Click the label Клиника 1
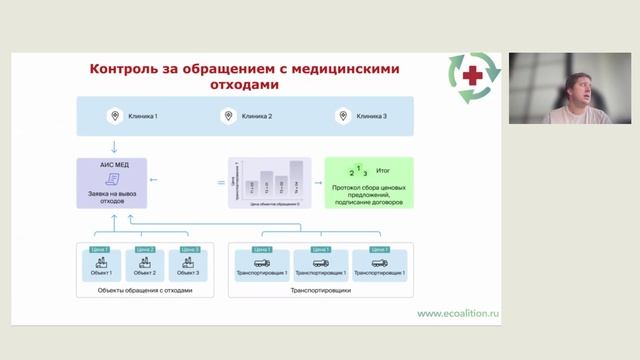coord(142,117)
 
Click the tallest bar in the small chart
coord(296,176)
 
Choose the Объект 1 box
coord(102,267)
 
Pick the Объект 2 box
coord(145,267)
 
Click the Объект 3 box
coord(189,267)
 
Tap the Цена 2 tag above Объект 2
coord(145,249)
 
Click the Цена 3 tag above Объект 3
coord(189,249)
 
